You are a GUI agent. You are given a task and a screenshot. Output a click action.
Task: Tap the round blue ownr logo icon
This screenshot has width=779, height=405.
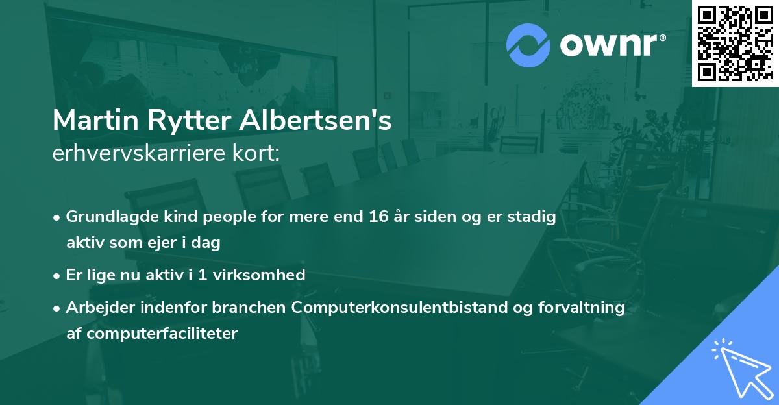[x=528, y=45]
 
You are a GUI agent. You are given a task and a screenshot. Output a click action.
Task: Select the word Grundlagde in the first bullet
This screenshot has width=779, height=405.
[x=108, y=217]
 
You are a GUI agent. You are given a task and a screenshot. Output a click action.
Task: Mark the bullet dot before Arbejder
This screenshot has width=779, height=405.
[x=58, y=308]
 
